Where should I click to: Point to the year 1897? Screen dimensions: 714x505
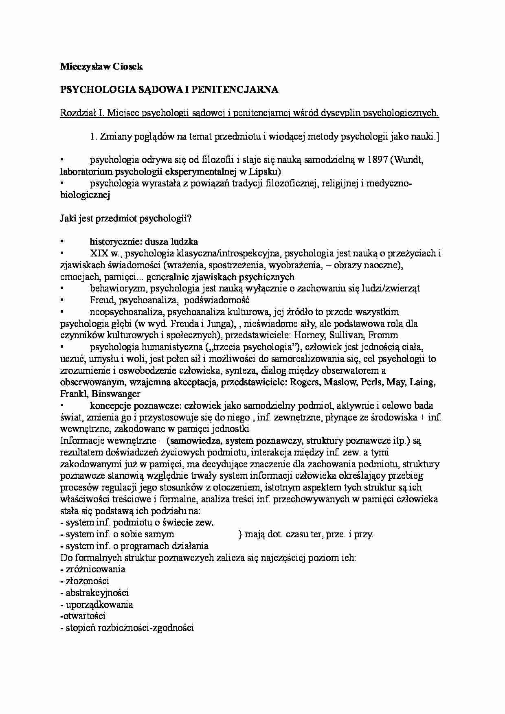click(377, 160)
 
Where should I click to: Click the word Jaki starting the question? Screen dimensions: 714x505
click(68, 218)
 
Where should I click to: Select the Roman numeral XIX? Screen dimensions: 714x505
click(99, 254)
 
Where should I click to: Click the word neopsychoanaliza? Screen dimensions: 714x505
click(124, 312)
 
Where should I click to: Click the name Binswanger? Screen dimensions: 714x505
click(116, 394)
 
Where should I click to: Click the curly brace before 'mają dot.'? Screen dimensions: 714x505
click(239, 534)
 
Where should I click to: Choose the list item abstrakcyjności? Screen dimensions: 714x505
click(97, 593)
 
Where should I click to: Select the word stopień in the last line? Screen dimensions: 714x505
click(79, 628)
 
